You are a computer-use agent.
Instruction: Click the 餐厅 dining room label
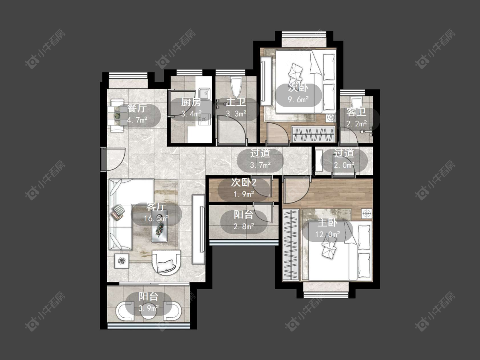137,108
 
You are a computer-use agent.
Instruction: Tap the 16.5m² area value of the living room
156,218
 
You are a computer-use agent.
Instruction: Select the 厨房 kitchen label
191,102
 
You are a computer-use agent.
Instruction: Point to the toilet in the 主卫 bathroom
236,87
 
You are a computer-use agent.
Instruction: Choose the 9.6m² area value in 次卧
298,99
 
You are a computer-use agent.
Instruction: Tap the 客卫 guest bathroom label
356,112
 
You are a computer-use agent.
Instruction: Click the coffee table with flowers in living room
160,226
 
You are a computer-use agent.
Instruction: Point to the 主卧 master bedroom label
327,223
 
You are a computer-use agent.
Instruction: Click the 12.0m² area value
328,235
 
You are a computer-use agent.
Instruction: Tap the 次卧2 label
244,183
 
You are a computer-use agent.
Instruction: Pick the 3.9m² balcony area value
148,308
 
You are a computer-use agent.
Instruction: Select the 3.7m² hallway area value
260,165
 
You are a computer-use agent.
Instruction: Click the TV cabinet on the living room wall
198,229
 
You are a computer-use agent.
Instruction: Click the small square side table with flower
122,261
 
